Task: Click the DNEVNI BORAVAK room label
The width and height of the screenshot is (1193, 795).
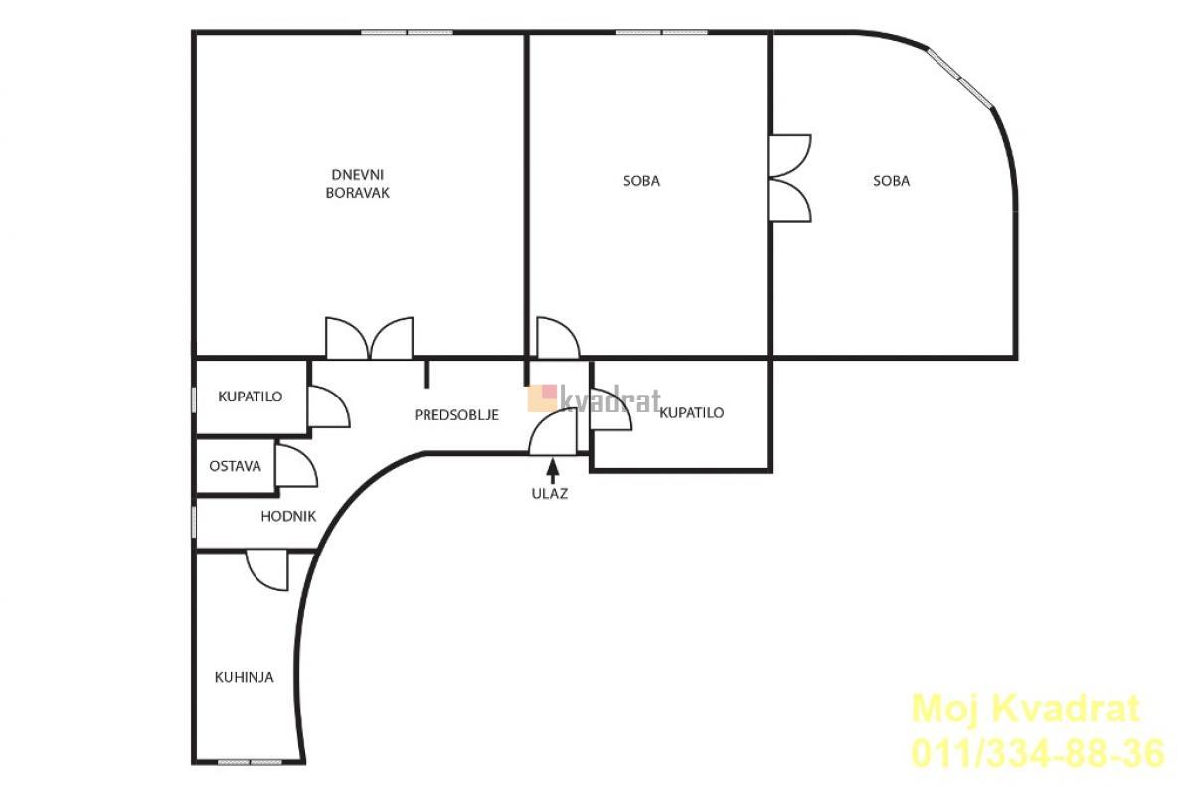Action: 357,184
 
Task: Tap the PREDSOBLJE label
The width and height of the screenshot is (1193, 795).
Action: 456,415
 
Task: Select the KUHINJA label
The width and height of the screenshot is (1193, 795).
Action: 244,678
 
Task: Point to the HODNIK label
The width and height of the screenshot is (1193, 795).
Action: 288,516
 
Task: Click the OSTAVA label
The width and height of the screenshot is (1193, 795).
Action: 235,466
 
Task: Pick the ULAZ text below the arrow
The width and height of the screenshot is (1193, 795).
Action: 550,494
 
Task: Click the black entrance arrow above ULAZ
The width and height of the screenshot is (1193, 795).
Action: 553,471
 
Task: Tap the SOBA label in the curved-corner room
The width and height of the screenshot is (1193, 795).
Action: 892,181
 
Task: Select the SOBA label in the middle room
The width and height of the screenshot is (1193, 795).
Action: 641,181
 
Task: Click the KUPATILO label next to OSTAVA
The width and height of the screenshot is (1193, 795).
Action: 251,397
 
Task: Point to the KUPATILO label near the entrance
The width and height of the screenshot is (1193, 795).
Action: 691,413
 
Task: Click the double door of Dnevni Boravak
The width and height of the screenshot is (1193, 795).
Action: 369,338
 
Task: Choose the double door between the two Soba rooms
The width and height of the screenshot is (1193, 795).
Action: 790,178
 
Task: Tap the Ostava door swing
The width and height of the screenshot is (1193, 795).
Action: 296,465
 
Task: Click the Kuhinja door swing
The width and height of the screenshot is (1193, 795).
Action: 267,570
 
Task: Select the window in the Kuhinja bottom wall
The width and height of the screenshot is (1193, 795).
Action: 250,762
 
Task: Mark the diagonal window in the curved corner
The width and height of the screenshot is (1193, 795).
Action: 960,78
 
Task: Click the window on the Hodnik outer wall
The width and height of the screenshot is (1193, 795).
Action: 193,522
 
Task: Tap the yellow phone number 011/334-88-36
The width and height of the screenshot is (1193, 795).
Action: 1038,753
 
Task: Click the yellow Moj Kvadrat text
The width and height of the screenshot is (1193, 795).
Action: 1026,709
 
